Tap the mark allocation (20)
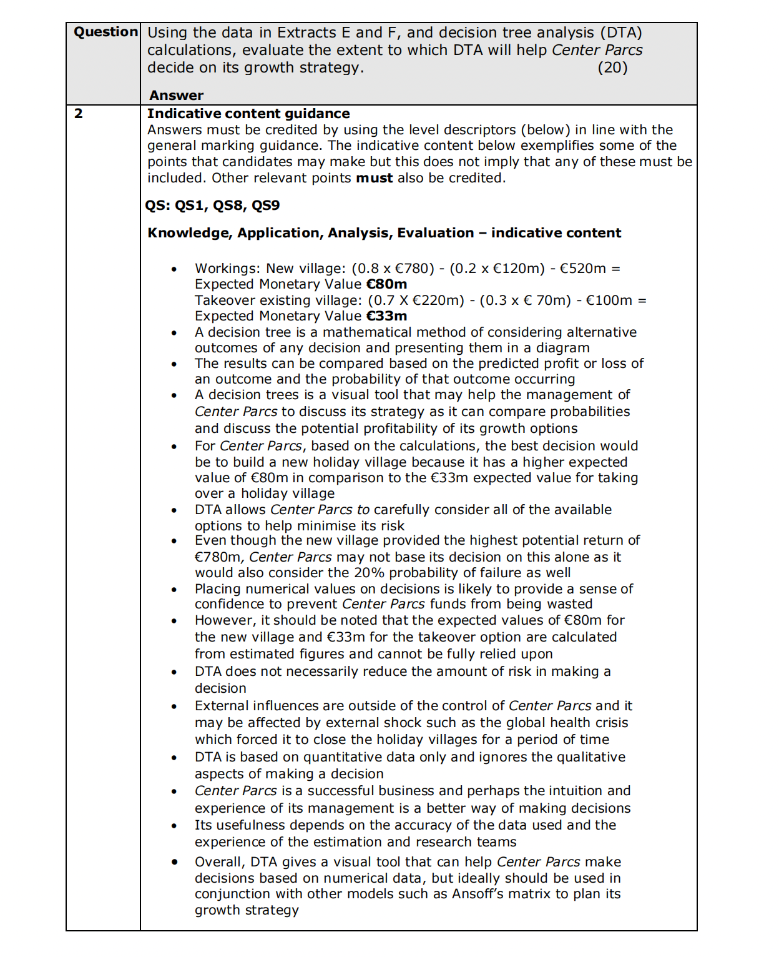click(x=612, y=67)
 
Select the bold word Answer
click(x=176, y=96)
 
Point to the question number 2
click(x=78, y=114)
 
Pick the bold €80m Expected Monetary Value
click(x=386, y=284)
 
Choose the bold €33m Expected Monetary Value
click(x=386, y=316)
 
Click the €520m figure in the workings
click(x=582, y=269)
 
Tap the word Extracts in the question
click(x=306, y=32)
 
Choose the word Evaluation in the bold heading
click(x=435, y=233)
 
